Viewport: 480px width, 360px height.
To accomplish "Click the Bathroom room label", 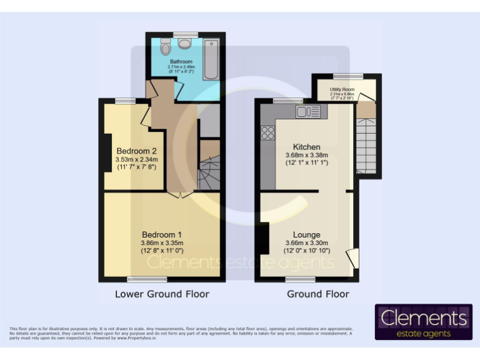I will pos(182,62).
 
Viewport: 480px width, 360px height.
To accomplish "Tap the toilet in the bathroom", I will pos(165,47).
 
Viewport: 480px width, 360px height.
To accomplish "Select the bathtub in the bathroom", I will pos(212,59).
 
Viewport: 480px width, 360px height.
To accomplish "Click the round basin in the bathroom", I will pos(185,44).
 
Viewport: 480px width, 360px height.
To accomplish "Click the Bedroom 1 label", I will pos(162,234).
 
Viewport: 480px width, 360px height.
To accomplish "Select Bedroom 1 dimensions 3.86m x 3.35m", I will pos(162,242).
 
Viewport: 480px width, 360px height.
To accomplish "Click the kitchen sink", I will pos(311,111).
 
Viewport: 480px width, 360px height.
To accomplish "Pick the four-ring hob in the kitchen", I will pos(269,132).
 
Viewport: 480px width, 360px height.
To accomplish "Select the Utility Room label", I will pos(342,89).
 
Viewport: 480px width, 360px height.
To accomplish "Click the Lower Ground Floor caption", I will pos(162,294).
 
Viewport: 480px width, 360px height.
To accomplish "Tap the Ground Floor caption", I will pos(317,294).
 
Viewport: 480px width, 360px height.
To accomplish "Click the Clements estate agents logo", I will pos(424,322).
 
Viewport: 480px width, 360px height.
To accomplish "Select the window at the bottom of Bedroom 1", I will pos(142,279).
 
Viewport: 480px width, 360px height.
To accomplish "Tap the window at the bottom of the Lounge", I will pos(301,279).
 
